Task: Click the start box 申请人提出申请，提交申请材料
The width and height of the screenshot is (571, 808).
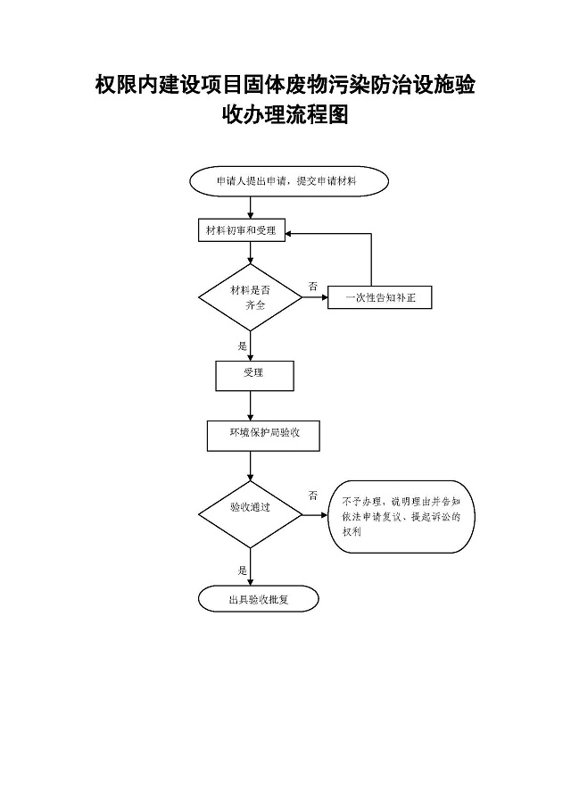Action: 289,180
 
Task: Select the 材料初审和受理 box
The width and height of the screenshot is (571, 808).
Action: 240,230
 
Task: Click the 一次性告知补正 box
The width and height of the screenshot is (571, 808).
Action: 380,298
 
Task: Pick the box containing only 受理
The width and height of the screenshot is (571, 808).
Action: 253,374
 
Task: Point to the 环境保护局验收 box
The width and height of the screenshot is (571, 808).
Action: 262,435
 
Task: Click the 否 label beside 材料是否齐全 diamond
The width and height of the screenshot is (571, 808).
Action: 312,286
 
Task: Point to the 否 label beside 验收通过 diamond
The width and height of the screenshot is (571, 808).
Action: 313,495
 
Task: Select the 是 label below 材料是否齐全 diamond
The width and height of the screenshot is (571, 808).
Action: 242,345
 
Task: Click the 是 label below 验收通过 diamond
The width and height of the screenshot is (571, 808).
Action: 242,569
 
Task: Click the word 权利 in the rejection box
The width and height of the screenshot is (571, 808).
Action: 351,532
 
